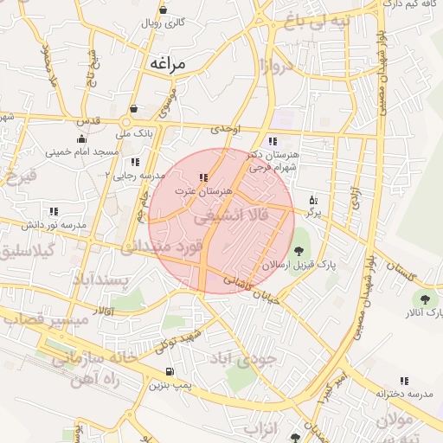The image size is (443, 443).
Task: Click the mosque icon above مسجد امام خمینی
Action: click(81, 138)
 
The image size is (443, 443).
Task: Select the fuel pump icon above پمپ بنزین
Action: click(167, 372)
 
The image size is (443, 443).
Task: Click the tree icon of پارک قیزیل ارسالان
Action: click(299, 251)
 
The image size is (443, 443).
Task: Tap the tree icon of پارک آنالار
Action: click(419, 299)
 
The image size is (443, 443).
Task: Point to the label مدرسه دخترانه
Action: click(404, 393)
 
